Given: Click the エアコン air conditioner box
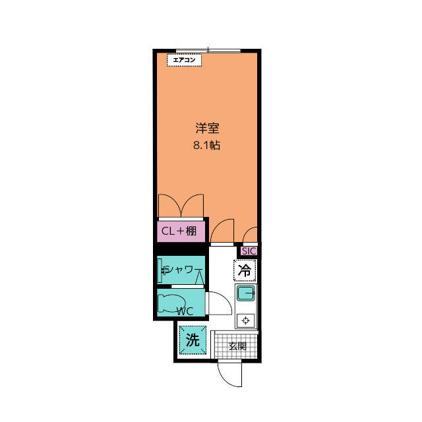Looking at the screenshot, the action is click(185, 60).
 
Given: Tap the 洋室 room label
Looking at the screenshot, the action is click(207, 128).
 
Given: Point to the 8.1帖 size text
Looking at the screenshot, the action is click(206, 145).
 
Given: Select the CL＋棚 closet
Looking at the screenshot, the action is click(181, 231).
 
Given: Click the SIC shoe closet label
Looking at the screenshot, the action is click(249, 251).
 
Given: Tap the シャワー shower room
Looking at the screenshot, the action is click(181, 270).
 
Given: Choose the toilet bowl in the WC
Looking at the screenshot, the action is click(169, 303).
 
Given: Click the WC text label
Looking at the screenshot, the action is click(185, 311).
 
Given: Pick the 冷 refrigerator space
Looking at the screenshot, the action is click(245, 270).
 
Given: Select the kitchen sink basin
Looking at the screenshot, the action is click(245, 293).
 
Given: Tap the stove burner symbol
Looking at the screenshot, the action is click(245, 320).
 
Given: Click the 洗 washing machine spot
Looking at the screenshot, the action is click(193, 340).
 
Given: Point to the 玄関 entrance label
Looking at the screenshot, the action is click(237, 346).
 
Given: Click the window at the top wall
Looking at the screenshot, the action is click(208, 51).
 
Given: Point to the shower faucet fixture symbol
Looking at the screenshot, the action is click(164, 270).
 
